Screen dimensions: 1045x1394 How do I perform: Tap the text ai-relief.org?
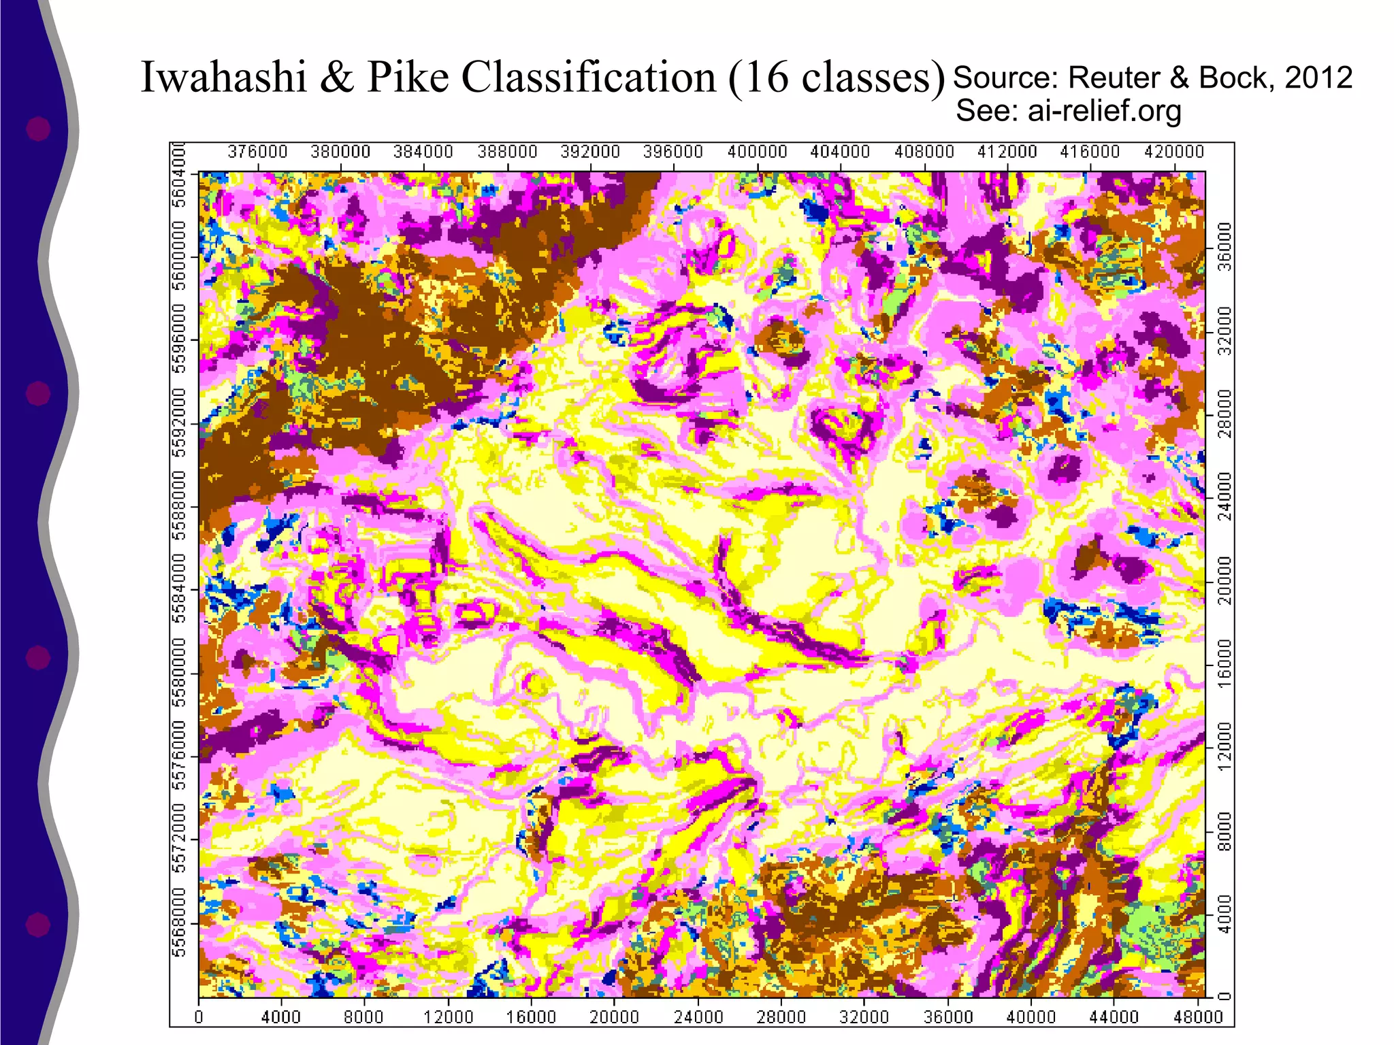[1104, 110]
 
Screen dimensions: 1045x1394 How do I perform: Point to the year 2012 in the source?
[1318, 78]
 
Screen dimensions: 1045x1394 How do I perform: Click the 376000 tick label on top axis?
[257, 152]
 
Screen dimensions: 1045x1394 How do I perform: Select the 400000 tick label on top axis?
[757, 152]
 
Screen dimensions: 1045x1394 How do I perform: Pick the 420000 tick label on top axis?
[1173, 152]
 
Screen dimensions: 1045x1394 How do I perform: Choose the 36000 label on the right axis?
[1225, 246]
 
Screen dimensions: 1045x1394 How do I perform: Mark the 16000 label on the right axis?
[1225, 663]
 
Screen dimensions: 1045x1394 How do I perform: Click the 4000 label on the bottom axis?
[281, 1017]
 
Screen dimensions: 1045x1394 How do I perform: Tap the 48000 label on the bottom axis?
[1198, 1017]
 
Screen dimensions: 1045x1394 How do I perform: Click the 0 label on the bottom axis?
[199, 1017]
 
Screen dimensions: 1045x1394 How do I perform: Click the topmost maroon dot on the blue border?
[38, 129]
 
